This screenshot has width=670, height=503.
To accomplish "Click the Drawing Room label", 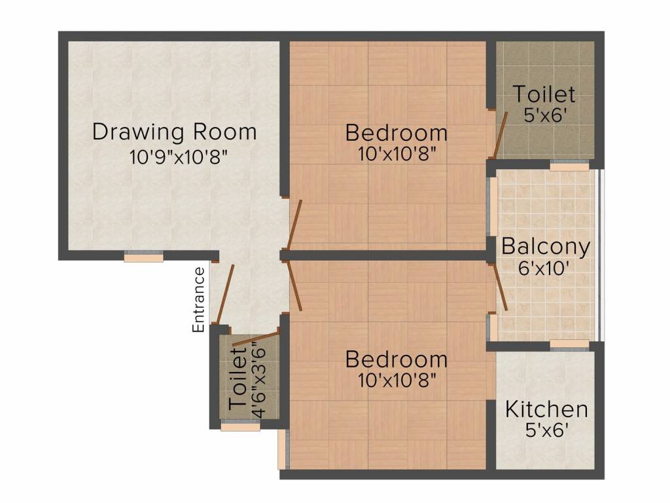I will [x=174, y=132].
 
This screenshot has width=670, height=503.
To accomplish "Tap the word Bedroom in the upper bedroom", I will [x=397, y=133].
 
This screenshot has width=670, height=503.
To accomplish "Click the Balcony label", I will [x=546, y=247].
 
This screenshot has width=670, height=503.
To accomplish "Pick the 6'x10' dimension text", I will [x=546, y=269].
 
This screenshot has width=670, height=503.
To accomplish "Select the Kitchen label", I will [x=546, y=410].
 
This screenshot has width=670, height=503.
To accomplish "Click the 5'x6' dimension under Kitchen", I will [x=546, y=431].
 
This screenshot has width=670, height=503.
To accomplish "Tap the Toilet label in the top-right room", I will [x=544, y=94].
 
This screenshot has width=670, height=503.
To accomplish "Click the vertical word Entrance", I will [x=199, y=299].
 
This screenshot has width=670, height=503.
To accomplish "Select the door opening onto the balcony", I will [x=501, y=288].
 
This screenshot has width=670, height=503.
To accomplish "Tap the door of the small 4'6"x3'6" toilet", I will [x=256, y=339].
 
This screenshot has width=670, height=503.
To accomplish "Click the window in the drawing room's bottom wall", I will [x=143, y=257].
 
